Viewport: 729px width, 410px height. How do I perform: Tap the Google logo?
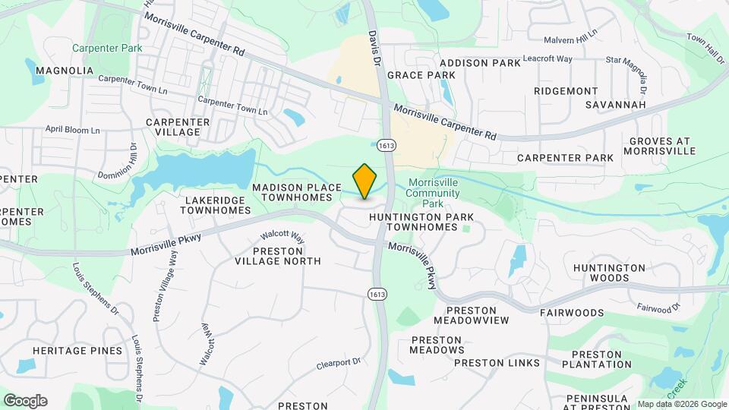25,401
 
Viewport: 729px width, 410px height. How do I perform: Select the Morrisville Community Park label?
434,193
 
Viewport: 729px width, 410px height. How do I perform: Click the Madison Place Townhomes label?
292,192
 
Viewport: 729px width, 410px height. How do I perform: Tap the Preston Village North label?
277,256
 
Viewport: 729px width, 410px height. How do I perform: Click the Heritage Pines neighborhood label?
77,351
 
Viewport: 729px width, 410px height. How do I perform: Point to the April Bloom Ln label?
73,130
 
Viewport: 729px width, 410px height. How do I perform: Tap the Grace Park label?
421,75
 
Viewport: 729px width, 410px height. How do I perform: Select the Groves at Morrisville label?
659,146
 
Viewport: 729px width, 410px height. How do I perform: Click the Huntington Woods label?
609,273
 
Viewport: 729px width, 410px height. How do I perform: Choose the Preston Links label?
497,363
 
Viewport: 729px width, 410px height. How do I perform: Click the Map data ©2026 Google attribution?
681,404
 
